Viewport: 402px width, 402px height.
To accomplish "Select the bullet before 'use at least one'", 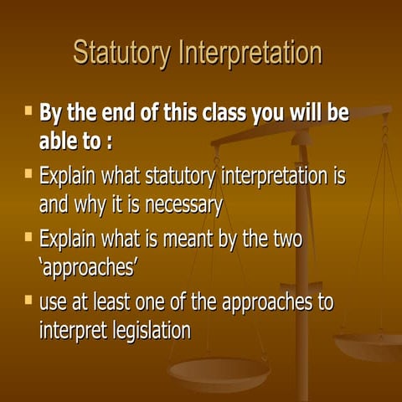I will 28,300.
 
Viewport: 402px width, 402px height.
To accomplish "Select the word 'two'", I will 282,239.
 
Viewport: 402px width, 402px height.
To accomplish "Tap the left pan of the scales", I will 219,368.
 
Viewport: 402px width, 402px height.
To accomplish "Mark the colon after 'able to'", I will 109,142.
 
